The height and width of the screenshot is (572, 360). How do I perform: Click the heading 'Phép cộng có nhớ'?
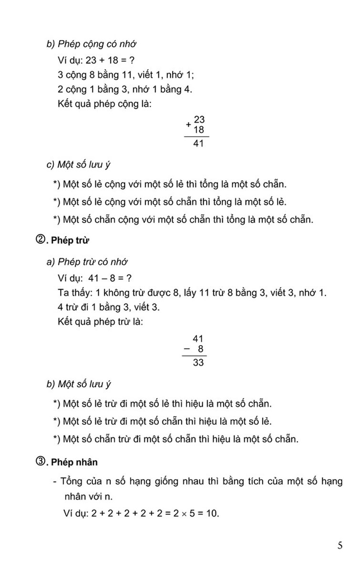(97, 44)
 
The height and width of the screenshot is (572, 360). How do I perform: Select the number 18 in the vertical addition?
(199, 130)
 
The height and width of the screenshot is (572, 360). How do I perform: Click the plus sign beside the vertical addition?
(188, 125)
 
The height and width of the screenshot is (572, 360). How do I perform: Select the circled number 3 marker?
(40, 461)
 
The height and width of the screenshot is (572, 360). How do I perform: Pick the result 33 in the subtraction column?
(198, 363)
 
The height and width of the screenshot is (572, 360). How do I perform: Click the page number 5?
(339, 546)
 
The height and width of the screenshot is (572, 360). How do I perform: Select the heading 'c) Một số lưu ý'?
(78, 165)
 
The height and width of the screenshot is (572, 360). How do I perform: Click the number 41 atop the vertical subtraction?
(198, 339)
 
